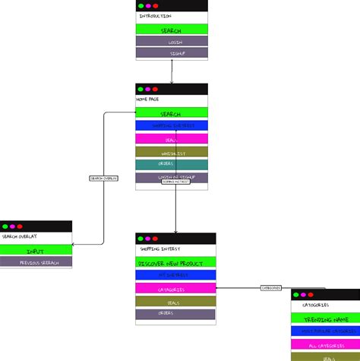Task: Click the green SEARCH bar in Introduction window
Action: pos(172,30)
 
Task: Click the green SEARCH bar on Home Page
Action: pos(172,113)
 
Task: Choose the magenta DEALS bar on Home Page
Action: pos(172,139)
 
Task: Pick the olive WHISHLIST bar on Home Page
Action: pos(172,152)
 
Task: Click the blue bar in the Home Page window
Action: pos(172,126)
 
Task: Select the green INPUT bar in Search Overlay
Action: pos(36,250)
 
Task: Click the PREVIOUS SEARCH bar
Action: pos(36,262)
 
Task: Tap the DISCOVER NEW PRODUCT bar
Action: pos(175,262)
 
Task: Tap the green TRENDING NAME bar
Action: pos(325,319)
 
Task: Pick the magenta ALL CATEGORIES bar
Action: pos(325,345)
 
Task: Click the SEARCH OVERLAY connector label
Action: pos(103,179)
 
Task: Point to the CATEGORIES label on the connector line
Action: pos(271,288)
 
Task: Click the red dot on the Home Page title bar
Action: pos(156,89)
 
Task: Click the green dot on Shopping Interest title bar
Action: pos(141,239)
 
